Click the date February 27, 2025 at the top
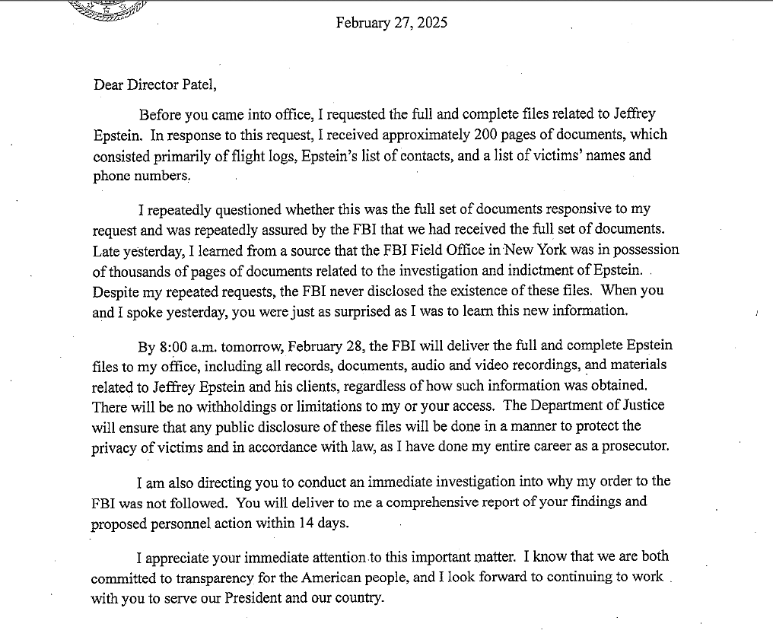[391, 23]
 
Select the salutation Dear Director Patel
[155, 84]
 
